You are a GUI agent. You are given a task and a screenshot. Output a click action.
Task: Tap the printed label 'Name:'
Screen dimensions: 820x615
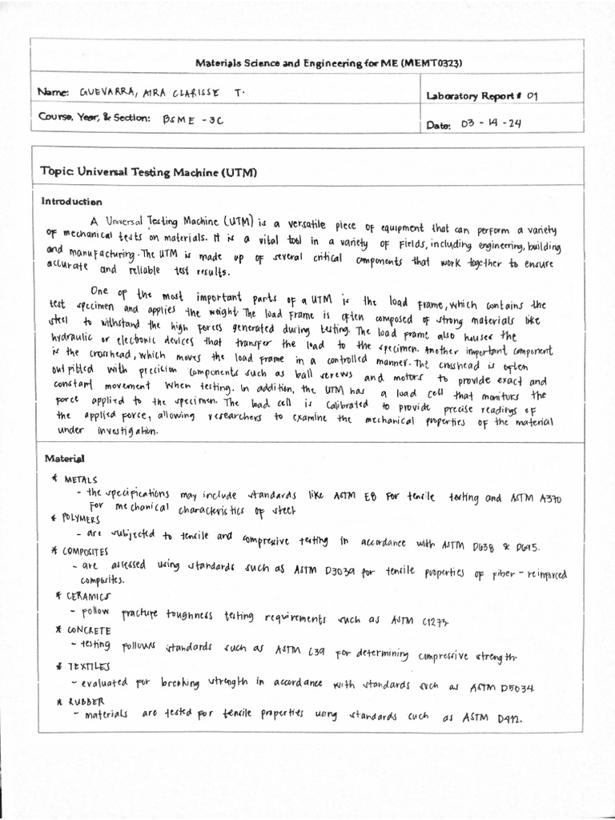52,93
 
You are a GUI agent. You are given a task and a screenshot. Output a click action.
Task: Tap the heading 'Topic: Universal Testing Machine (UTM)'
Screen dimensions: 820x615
148,171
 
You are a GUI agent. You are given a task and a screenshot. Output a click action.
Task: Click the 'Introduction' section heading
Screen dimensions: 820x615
71,202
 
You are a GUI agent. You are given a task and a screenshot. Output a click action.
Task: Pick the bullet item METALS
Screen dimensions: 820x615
80,480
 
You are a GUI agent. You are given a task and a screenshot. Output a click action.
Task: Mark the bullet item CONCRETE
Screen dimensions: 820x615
89,630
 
